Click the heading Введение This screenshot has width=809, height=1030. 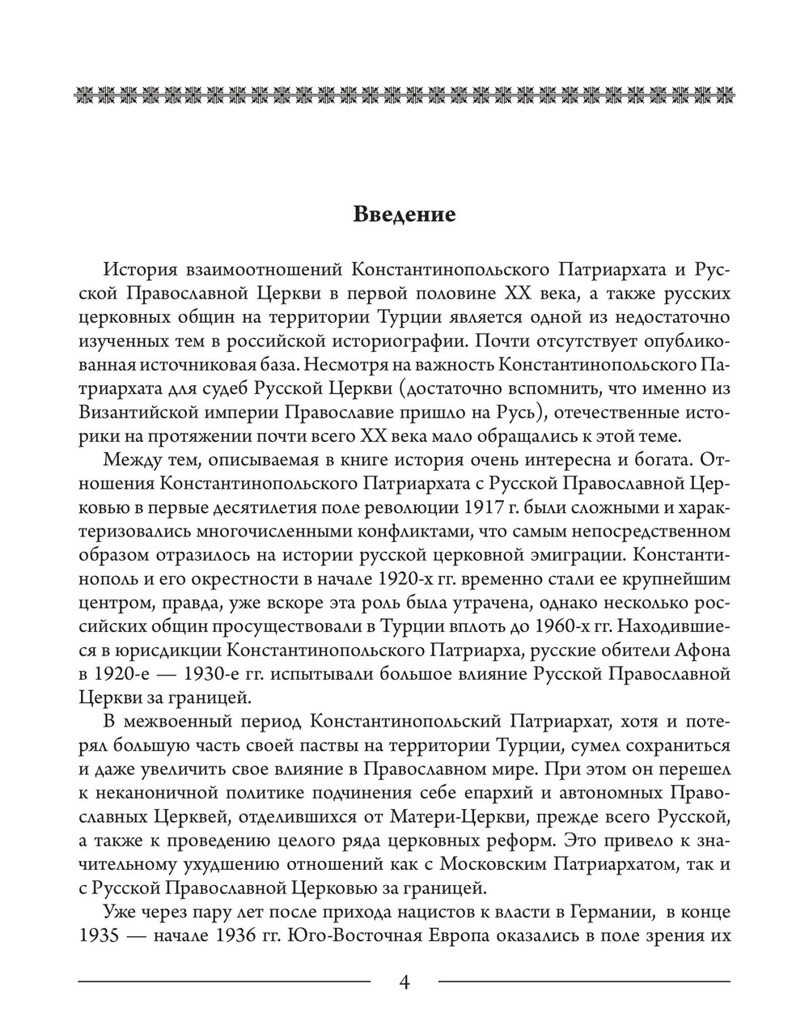pyautogui.click(x=404, y=215)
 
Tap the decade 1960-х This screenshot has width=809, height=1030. pyautogui.click(x=598, y=627)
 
